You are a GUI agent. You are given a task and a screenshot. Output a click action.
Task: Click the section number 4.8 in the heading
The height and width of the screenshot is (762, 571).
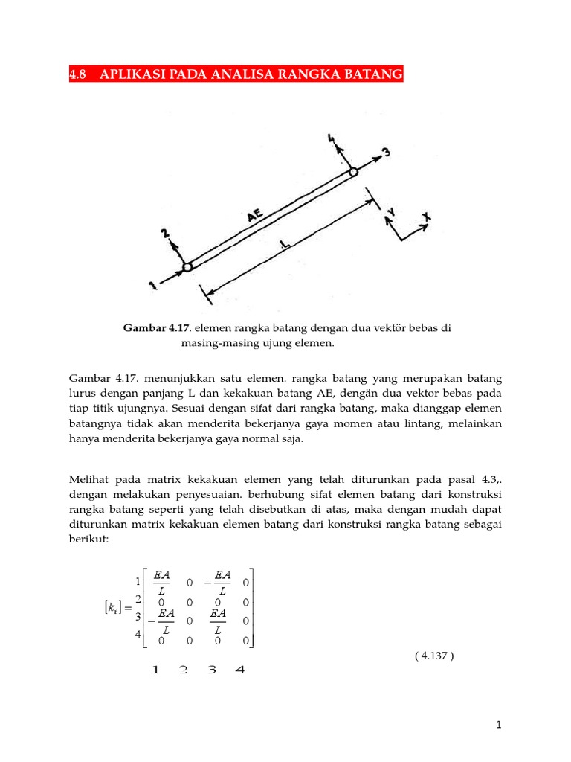pyautogui.click(x=78, y=74)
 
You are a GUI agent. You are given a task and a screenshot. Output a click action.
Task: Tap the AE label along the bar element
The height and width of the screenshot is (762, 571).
pyautogui.click(x=255, y=216)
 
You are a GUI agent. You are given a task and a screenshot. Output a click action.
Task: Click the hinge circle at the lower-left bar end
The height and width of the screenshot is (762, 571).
pyautogui.click(x=187, y=266)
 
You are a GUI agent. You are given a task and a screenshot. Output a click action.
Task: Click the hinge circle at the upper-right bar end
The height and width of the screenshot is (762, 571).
pyautogui.click(x=353, y=172)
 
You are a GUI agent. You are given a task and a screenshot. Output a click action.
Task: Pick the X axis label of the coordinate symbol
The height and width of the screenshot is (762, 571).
pyautogui.click(x=427, y=219)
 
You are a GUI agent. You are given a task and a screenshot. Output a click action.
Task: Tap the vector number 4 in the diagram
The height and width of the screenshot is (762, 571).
pyautogui.click(x=331, y=138)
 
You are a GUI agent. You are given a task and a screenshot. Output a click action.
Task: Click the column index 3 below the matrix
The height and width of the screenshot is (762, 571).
pyautogui.click(x=212, y=670)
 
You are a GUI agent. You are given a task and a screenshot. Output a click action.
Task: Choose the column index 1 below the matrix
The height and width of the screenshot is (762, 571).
pyautogui.click(x=155, y=670)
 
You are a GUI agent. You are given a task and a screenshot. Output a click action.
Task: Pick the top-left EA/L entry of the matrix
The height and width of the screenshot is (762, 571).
pyautogui.click(x=162, y=581)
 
